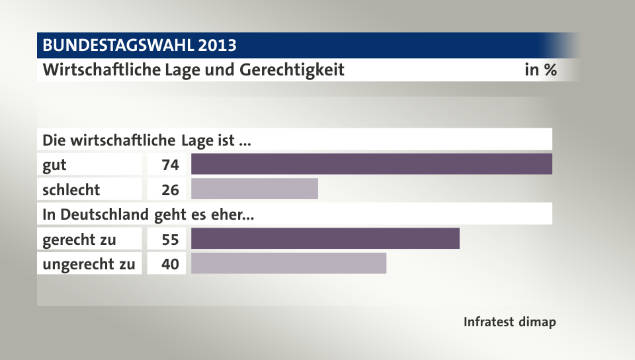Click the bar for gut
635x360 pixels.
tap(371, 164)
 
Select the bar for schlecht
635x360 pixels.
tap(255, 189)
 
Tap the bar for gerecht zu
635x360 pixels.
tap(325, 239)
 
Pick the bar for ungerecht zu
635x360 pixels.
tap(288, 263)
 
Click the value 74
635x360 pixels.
tap(170, 165)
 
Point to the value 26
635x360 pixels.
tap(170, 190)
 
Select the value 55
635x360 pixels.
tap(170, 240)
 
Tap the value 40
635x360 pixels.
tap(170, 264)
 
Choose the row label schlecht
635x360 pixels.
tap(71, 190)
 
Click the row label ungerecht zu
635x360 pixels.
tap(89, 264)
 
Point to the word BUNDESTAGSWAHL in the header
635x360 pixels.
tap(118, 46)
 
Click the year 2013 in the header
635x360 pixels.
tap(216, 46)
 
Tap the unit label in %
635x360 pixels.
tap(540, 69)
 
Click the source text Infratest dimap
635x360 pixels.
tap(509, 322)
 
